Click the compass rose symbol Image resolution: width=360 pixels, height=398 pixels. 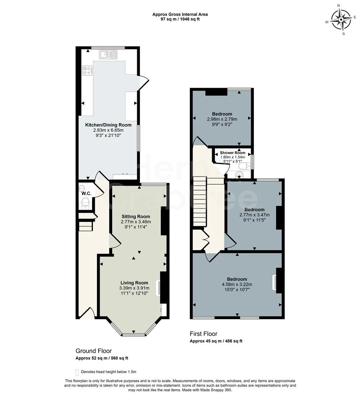pyautogui.click(x=340, y=20)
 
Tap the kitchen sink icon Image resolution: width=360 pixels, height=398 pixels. pyautogui.click(x=108, y=55)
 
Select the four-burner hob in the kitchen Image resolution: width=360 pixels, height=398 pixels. pyautogui.click(x=87, y=70)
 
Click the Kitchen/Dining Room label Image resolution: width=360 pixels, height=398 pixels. pyautogui.click(x=108, y=125)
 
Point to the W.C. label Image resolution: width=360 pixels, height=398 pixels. pyautogui.click(x=86, y=193)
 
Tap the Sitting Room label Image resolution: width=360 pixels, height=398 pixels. pyautogui.click(x=136, y=216)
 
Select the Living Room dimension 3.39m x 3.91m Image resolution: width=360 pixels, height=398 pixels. pyautogui.click(x=134, y=288)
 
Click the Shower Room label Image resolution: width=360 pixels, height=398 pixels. pyautogui.click(x=232, y=153)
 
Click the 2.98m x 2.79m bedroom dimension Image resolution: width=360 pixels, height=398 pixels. pyautogui.click(x=222, y=119)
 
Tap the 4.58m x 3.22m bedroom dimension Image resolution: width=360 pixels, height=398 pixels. pyautogui.click(x=237, y=284)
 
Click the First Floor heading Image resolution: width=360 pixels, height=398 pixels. pyautogui.click(x=204, y=334)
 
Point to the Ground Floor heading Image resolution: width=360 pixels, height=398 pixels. pyautogui.click(x=93, y=351)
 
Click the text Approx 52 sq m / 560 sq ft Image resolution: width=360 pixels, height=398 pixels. pyautogui.click(x=101, y=358)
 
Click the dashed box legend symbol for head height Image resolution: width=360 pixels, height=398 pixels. pyautogui.click(x=77, y=372)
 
